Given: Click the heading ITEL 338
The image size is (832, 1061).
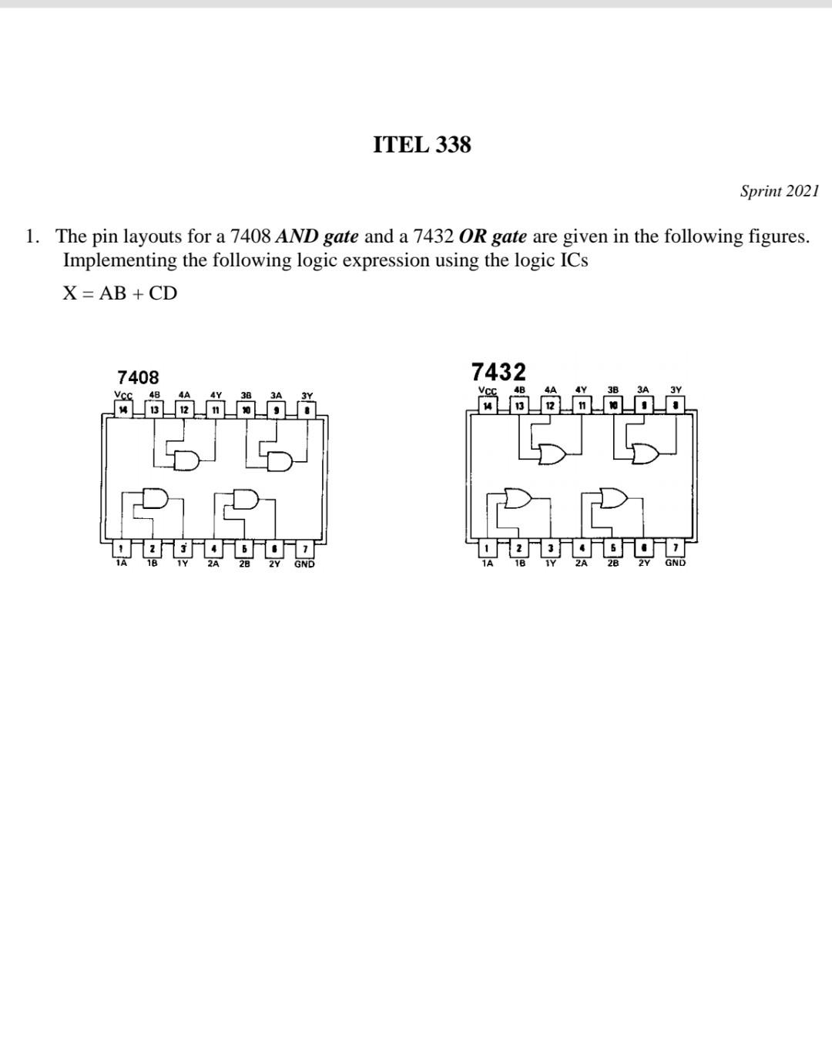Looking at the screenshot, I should (421, 145).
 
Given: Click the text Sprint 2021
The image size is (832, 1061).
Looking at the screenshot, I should (779, 191).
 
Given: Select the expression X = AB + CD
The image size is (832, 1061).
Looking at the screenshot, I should (119, 293).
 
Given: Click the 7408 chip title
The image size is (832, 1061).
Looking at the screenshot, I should (138, 377).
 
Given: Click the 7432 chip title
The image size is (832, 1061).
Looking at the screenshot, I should (498, 372).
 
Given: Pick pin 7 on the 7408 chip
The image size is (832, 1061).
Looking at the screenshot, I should (306, 549).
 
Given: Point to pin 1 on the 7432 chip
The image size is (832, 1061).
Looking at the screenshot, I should (488, 548).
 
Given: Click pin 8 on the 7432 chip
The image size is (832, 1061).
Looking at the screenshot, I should (676, 404).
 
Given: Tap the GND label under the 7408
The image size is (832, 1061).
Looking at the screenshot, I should (304, 564).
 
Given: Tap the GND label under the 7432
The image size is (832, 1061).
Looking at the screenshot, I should (675, 563).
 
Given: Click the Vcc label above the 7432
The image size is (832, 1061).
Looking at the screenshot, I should (488, 390).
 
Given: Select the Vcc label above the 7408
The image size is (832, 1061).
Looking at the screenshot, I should (123, 396).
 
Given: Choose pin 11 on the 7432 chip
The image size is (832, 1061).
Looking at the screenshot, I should (582, 405).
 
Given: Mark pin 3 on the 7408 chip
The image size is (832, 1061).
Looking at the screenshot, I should (183, 549).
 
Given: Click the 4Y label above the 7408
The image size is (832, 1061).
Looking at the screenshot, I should (216, 396).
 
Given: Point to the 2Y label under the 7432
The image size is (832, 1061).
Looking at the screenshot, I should (644, 563).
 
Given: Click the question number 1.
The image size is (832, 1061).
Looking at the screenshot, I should (32, 236).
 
